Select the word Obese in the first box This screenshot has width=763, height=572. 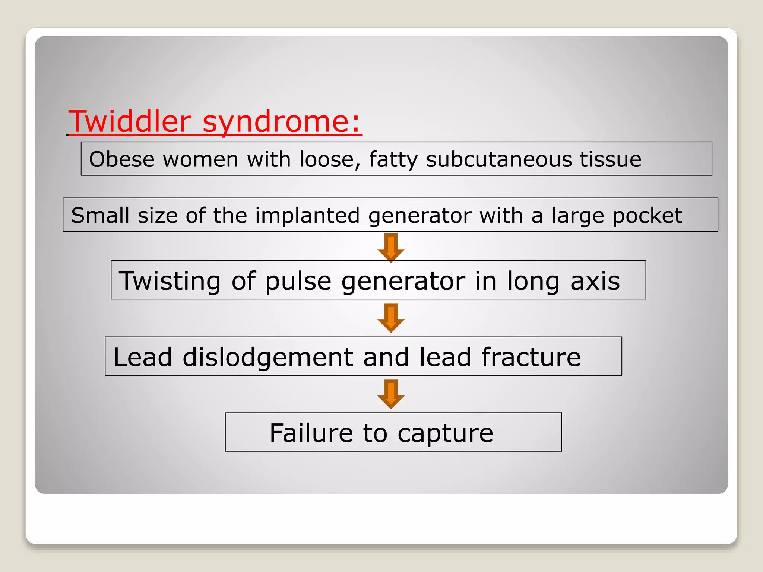[121, 159]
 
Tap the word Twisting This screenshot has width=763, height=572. [170, 282]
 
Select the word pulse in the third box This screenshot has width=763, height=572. [298, 282]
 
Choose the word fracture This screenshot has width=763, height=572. [531, 357]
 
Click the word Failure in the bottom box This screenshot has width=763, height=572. [311, 433]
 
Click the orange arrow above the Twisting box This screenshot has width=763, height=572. [391, 247]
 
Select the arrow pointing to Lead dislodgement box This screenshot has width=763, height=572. [391, 318]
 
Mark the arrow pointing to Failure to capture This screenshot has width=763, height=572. [391, 394]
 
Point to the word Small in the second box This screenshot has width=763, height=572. [100, 215]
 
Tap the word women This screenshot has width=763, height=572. [200, 159]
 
